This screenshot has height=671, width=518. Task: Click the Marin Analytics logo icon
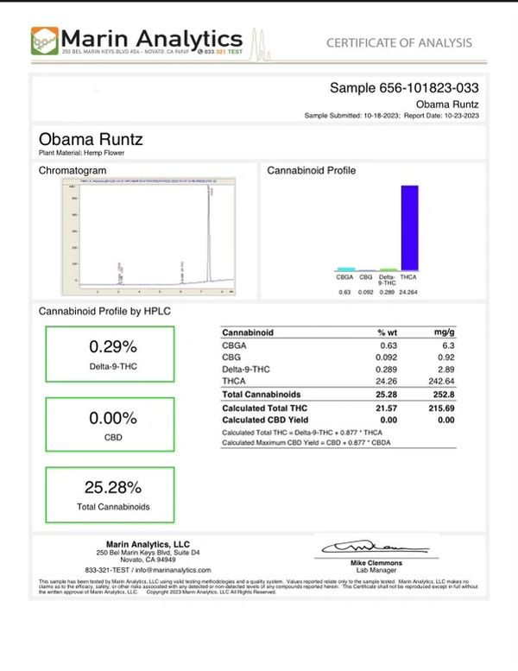(x=45, y=41)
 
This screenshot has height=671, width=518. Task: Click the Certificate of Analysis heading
(x=398, y=42)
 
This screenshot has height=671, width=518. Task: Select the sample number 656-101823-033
(x=405, y=88)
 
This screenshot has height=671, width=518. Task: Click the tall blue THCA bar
(x=409, y=227)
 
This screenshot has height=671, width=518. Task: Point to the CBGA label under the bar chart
(x=344, y=278)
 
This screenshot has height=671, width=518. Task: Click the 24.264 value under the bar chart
(x=409, y=292)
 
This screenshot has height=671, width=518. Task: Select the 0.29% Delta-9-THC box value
(x=113, y=346)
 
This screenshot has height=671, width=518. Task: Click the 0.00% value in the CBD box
(x=113, y=418)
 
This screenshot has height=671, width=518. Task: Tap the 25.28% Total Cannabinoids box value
(x=113, y=486)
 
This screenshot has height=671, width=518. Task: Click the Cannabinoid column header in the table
(x=248, y=332)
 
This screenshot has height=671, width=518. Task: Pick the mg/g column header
(x=443, y=332)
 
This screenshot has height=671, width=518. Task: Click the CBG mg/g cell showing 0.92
(x=446, y=356)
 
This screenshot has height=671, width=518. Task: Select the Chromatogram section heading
(x=73, y=171)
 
